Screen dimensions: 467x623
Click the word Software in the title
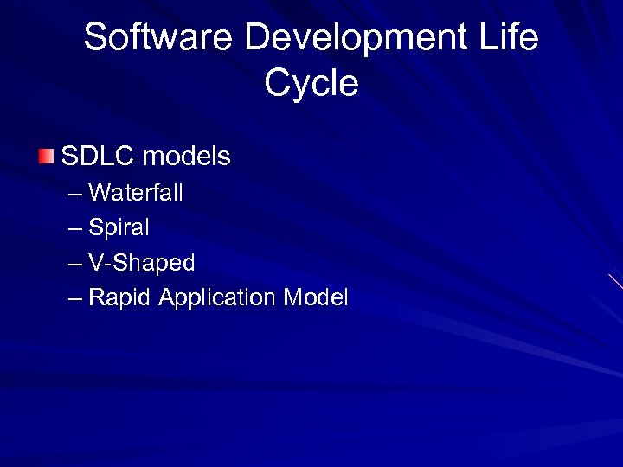158,39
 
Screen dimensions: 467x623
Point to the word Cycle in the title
311,84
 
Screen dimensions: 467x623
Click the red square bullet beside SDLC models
46,157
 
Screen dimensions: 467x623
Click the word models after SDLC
186,157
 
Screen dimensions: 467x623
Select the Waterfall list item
136,193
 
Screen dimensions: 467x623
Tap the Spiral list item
119,228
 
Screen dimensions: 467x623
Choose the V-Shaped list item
142,263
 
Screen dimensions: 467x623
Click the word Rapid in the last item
120,298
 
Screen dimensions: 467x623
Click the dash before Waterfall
75,194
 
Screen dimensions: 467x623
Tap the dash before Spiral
75,229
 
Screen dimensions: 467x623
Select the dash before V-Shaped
75,264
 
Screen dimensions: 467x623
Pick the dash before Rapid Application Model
75,299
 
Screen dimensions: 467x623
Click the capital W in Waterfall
100,193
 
